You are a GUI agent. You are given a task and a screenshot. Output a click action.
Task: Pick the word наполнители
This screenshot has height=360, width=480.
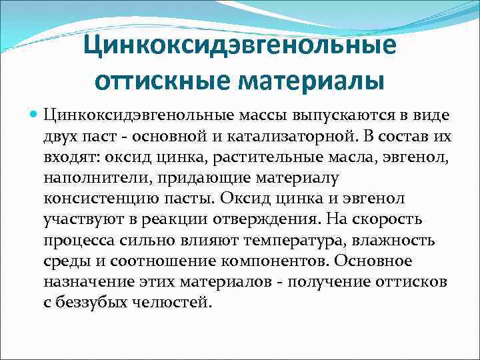[86, 179]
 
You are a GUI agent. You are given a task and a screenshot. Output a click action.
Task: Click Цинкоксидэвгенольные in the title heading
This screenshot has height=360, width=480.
[239, 47]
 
